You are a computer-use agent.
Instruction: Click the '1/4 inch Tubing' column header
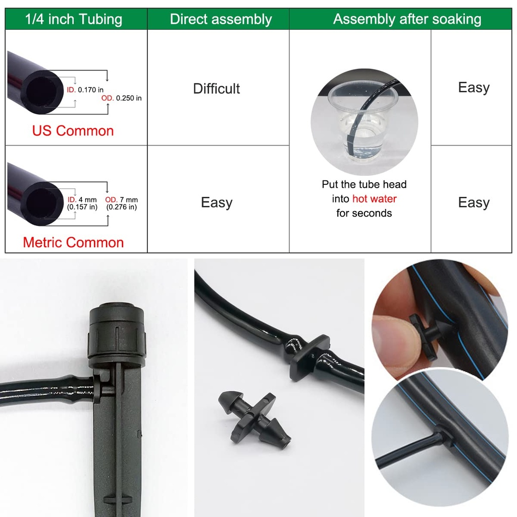click(74, 19)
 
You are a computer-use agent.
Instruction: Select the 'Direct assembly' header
click(221, 19)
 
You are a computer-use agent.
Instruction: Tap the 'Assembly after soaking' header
click(407, 19)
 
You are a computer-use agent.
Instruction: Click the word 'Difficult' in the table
click(216, 89)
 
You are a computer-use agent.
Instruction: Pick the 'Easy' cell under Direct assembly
click(216, 202)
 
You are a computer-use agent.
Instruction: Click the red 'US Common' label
click(73, 131)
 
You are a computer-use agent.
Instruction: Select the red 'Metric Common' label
click(73, 242)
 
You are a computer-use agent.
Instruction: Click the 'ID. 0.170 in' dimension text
click(85, 90)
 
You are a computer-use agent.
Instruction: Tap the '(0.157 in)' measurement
click(82, 207)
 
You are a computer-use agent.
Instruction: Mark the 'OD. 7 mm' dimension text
click(121, 200)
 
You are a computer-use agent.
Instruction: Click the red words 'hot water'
click(374, 198)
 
